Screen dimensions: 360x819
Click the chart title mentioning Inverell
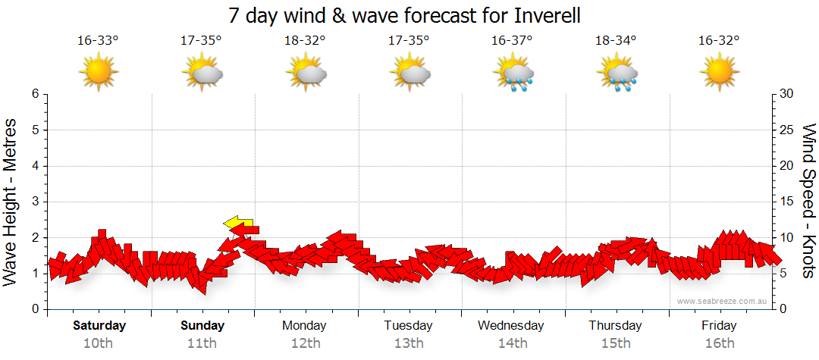(x=409, y=15)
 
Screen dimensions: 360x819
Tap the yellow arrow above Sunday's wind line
(x=238, y=222)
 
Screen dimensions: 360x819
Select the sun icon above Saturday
(x=99, y=73)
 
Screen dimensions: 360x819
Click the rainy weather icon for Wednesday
(x=513, y=74)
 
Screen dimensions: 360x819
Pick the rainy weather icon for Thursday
(x=617, y=74)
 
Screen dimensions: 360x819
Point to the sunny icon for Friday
(x=720, y=73)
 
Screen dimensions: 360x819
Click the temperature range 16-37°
(x=512, y=40)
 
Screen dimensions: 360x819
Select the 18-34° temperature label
(x=616, y=40)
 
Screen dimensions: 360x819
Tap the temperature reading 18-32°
(x=305, y=40)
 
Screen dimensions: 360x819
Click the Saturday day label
(x=99, y=326)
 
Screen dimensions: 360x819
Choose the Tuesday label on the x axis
(x=408, y=326)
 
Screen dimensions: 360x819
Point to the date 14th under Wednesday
(x=512, y=343)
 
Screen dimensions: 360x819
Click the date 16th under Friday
(x=719, y=343)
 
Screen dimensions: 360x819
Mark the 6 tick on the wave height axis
(x=35, y=94)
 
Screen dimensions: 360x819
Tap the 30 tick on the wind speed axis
(x=787, y=94)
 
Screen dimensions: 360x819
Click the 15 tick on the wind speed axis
(x=787, y=202)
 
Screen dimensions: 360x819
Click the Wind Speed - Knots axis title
(x=808, y=202)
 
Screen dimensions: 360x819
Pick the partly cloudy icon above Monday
(x=306, y=74)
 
